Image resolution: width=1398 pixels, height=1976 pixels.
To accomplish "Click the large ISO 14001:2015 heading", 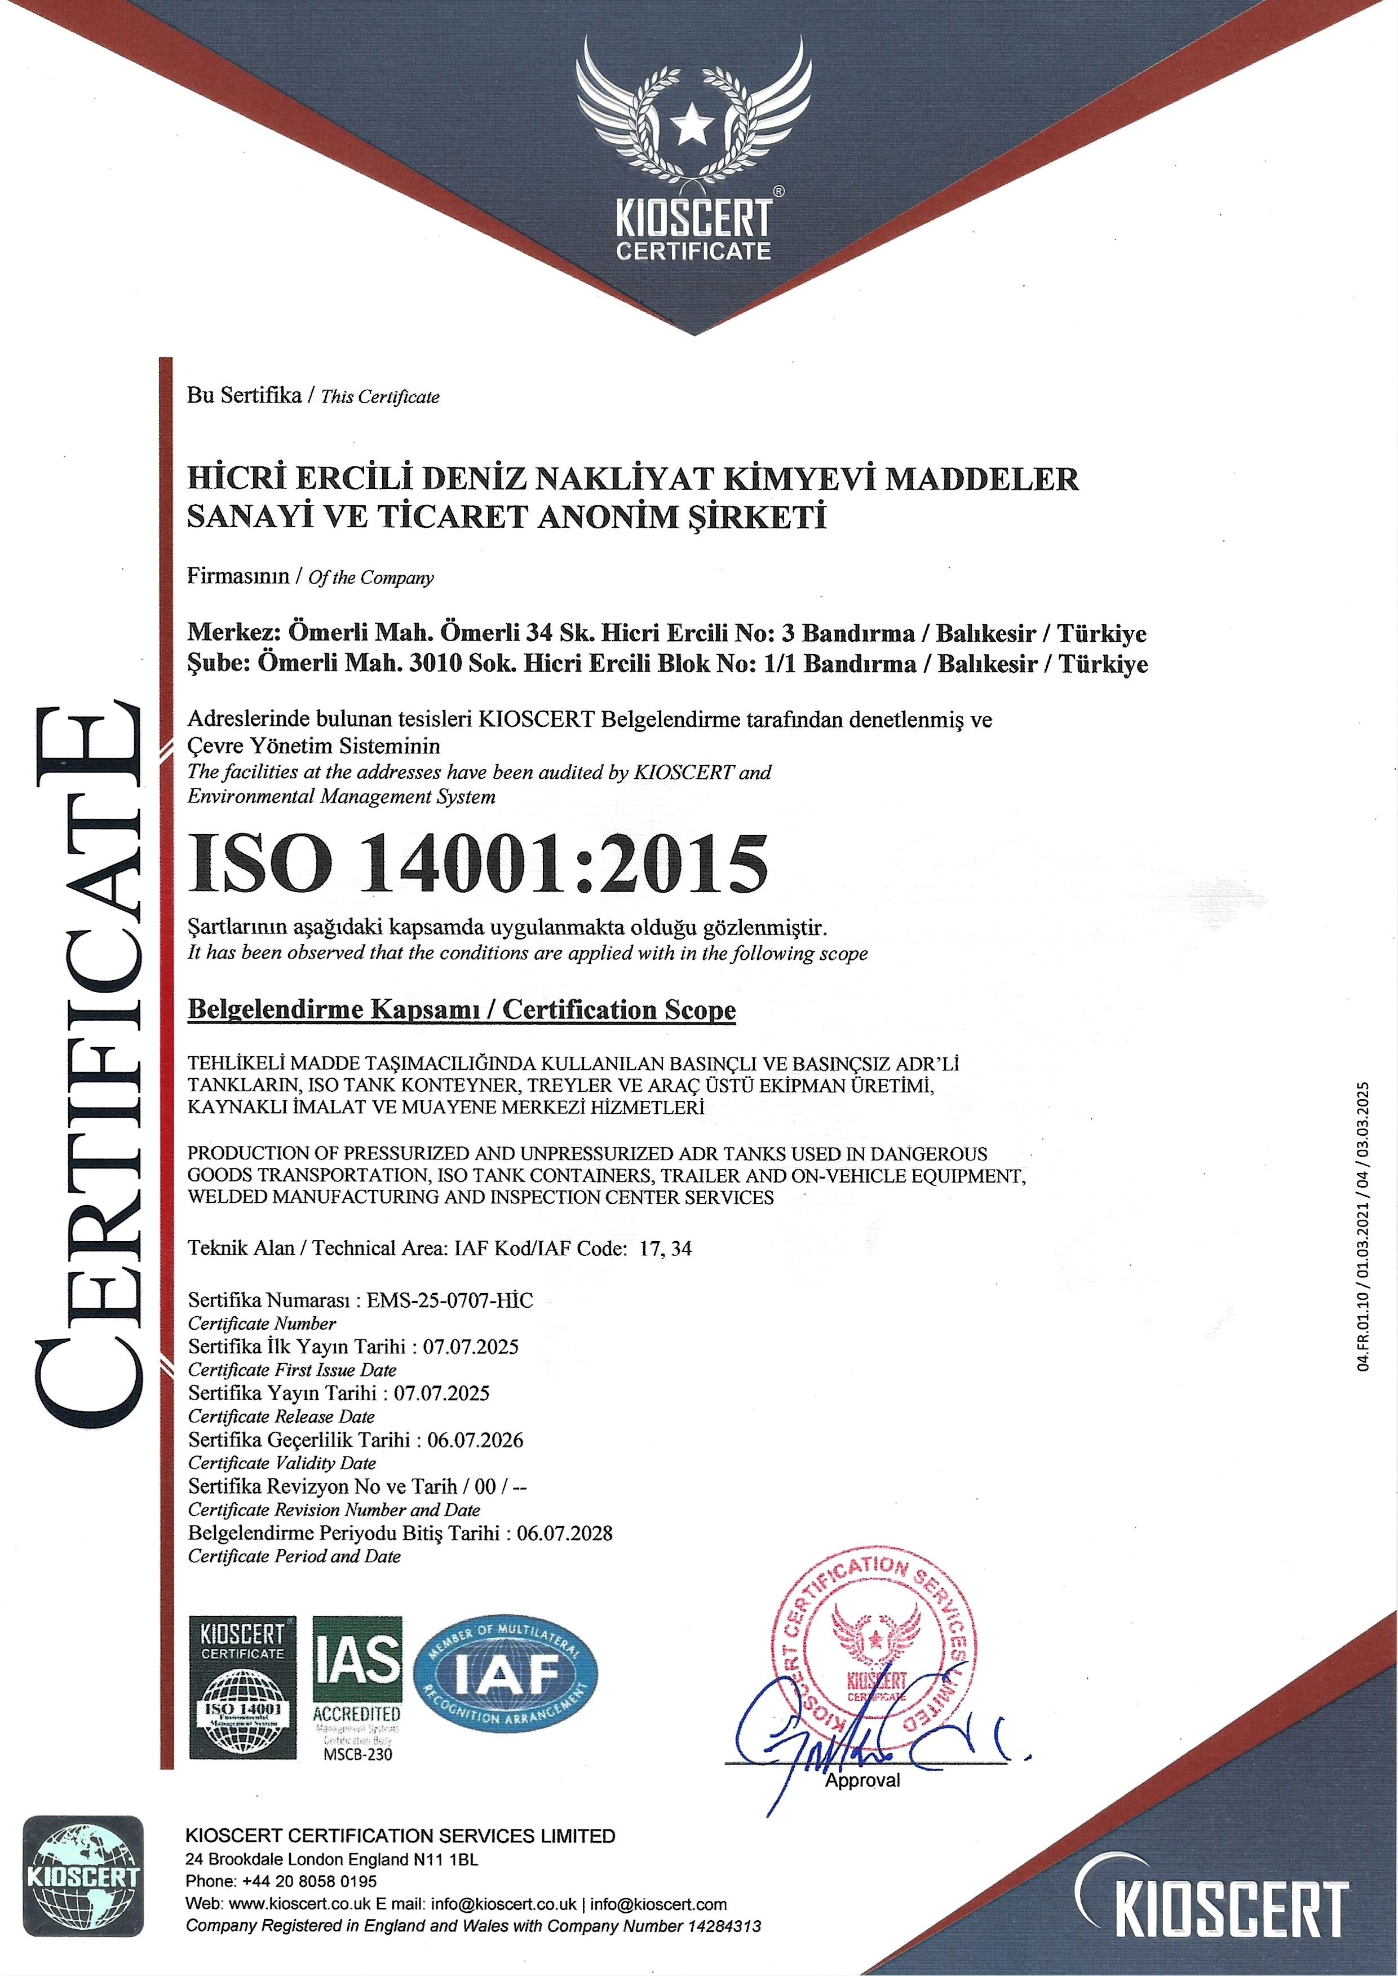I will (x=478, y=863).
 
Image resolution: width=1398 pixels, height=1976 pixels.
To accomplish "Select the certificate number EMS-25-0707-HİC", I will (x=449, y=1300).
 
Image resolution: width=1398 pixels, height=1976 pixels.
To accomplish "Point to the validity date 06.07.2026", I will (x=475, y=1440).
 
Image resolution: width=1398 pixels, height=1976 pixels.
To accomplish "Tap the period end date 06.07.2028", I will (x=565, y=1533).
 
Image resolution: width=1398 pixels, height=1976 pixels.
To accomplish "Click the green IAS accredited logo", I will (x=356, y=1675).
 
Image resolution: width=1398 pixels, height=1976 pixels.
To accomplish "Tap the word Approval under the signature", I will (x=862, y=1780).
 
